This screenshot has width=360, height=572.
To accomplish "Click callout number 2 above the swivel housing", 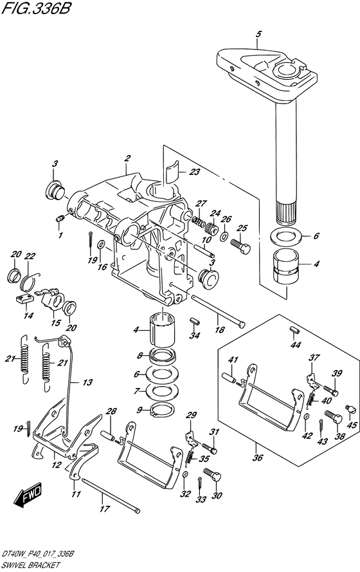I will (127, 158).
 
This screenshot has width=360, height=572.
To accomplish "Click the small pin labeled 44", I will (292, 330).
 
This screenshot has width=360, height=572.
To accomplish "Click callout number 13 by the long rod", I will (86, 382).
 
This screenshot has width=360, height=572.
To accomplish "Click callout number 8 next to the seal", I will (139, 355).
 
